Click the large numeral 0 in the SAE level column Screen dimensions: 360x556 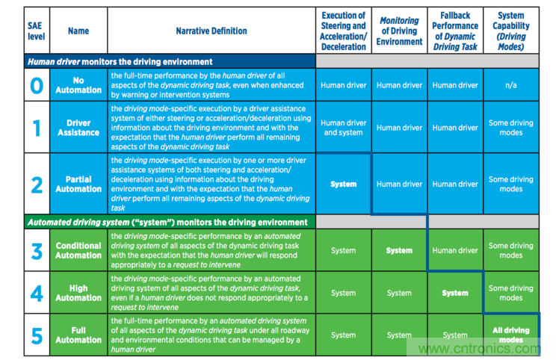click(37, 85)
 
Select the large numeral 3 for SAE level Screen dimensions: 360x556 click(37, 250)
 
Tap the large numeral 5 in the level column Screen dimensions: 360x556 click(37, 335)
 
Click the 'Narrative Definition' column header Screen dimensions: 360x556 click(211, 31)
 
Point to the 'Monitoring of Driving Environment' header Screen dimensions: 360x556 click(399, 31)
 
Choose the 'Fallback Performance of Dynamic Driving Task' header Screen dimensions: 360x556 click(455, 31)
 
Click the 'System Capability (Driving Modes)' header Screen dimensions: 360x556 click(511, 31)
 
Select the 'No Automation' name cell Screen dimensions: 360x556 click(78, 85)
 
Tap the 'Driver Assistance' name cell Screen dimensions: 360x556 click(78, 128)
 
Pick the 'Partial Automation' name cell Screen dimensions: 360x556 click(78, 184)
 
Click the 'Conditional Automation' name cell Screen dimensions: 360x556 click(78, 250)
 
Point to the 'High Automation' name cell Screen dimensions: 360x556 click(78, 293)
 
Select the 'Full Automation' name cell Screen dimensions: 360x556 click(78, 335)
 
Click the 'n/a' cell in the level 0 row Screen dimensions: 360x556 click(511, 85)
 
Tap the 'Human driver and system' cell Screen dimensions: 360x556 click(344, 128)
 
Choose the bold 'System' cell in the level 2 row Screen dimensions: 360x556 click(344, 184)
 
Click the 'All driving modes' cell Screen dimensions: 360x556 click(511, 335)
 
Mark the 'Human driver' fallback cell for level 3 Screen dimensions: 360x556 click(455, 250)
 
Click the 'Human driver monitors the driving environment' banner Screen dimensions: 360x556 click(120, 62)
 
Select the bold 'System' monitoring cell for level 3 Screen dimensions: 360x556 click(399, 250)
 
